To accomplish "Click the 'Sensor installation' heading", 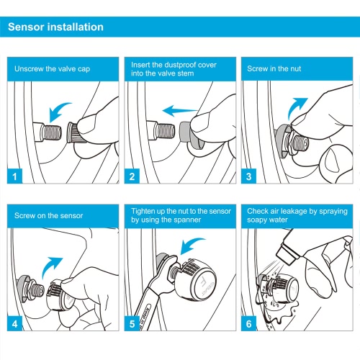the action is click(x=55, y=27).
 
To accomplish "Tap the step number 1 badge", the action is click(x=14, y=176).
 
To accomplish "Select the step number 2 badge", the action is click(x=132, y=176).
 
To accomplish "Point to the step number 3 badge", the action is click(x=248, y=176).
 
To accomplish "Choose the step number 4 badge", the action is click(x=14, y=323).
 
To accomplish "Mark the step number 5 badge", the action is click(x=132, y=323).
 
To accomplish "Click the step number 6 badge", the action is click(x=248, y=323).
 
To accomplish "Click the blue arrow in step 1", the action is click(x=58, y=109).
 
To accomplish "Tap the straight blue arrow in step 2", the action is click(x=179, y=111).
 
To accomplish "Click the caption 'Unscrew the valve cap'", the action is click(x=52, y=69).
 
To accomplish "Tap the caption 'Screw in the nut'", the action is click(x=274, y=68).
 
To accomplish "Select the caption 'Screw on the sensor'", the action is click(x=48, y=215).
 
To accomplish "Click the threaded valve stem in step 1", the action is click(x=51, y=132).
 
